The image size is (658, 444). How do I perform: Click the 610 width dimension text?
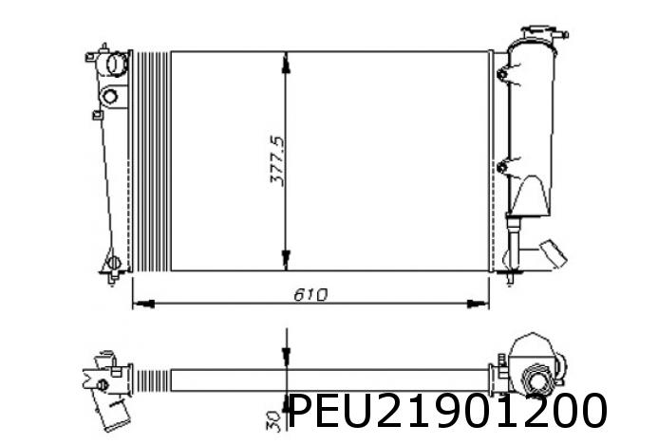pos(310,294)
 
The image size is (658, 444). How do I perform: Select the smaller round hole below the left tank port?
pos(111,96)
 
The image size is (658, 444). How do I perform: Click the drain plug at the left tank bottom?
pos(112,260)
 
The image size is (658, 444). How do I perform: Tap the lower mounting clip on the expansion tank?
pos(501,169)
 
